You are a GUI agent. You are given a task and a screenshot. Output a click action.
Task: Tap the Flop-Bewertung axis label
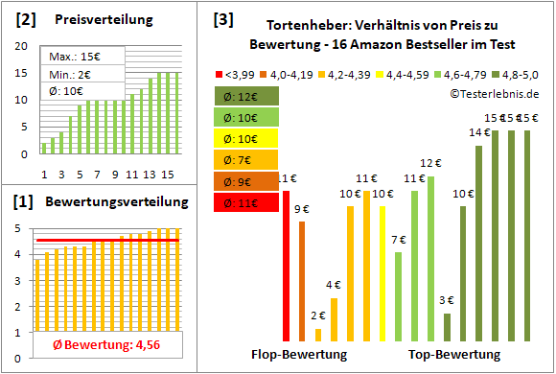tap(299, 354)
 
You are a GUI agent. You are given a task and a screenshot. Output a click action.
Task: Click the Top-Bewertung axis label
tap(454, 354)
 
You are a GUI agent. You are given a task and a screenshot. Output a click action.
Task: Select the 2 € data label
tap(318, 315)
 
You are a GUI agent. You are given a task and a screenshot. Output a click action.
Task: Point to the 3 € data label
tap(447, 300)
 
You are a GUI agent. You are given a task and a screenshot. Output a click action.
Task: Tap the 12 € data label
tap(430, 163)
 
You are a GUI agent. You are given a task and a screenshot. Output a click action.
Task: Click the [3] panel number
tap(222, 18)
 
